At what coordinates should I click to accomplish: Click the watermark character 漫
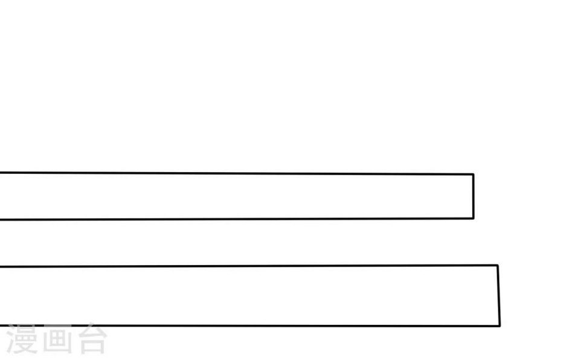[22, 339]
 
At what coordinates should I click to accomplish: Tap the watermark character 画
[57, 339]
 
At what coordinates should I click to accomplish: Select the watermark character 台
[92, 339]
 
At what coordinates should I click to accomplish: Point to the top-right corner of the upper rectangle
[474, 174]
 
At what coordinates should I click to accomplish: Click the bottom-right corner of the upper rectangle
[474, 218]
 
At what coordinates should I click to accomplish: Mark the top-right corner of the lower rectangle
[498, 265]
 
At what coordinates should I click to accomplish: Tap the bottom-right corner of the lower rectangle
[500, 326]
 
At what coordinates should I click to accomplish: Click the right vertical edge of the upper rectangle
[474, 196]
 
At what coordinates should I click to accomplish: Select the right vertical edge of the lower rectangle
[499, 296]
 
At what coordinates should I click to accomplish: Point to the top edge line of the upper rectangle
[237, 173]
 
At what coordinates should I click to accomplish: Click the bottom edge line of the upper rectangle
[237, 219]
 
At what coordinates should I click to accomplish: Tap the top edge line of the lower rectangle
[249, 266]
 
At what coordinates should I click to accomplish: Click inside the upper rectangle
[237, 196]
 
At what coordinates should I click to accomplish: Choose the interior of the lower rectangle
[249, 296]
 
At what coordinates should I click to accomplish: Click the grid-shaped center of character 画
[57, 339]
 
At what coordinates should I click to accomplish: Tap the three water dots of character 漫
[11, 339]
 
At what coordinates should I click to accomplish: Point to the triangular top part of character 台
[92, 330]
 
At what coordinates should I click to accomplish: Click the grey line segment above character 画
[57, 326]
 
